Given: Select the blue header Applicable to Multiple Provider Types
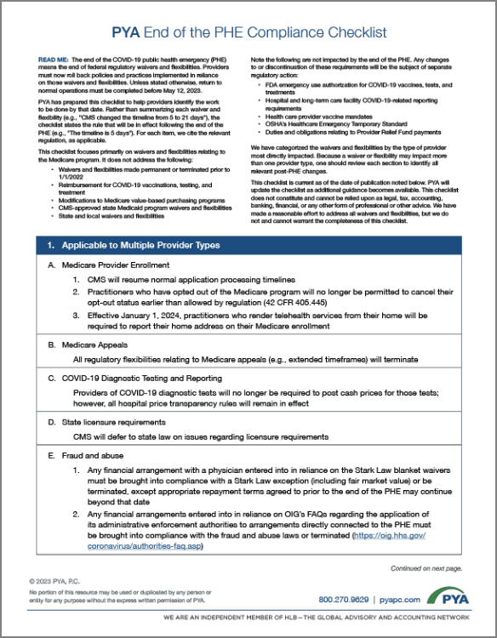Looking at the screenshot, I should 134,245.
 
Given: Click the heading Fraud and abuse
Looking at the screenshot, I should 87,455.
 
